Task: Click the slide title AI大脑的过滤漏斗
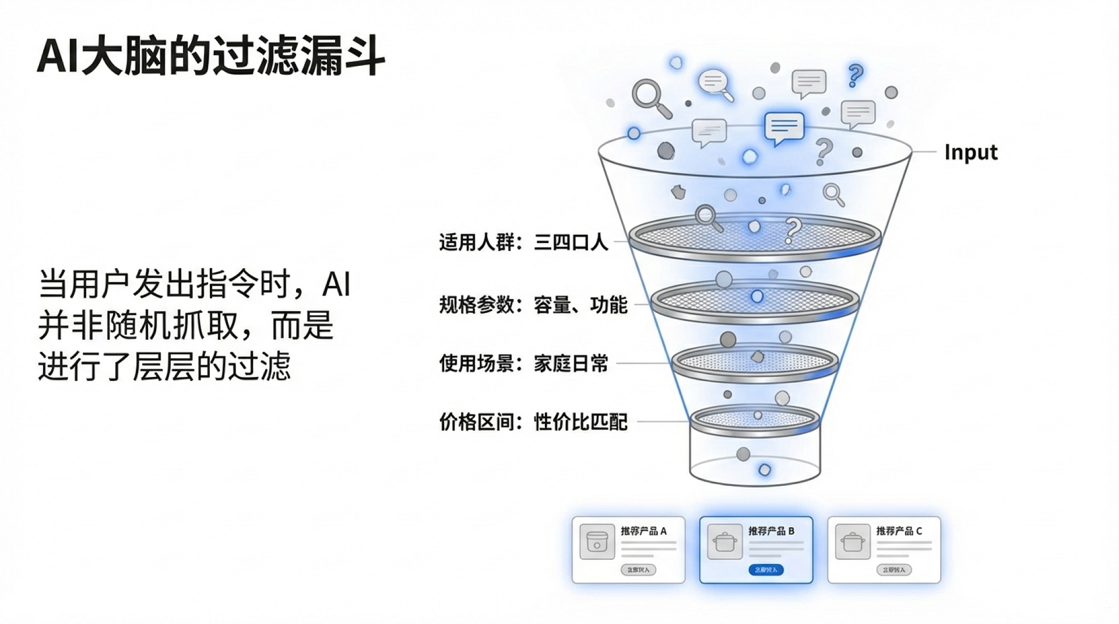coord(210,56)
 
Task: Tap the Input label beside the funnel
coord(970,152)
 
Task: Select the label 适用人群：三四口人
coord(523,242)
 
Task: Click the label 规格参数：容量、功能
coord(533,305)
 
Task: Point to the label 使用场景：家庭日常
coord(523,364)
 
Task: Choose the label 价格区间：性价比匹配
coord(533,422)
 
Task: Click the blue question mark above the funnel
coord(855,76)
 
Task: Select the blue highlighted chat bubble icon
coord(784,127)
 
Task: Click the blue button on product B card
coord(766,570)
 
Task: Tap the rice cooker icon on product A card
coord(597,542)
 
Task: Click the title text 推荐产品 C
coord(899,531)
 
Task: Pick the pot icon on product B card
coord(724,542)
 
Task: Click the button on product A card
coord(638,570)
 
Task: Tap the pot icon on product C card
coord(852,542)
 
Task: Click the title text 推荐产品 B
coord(771,531)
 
